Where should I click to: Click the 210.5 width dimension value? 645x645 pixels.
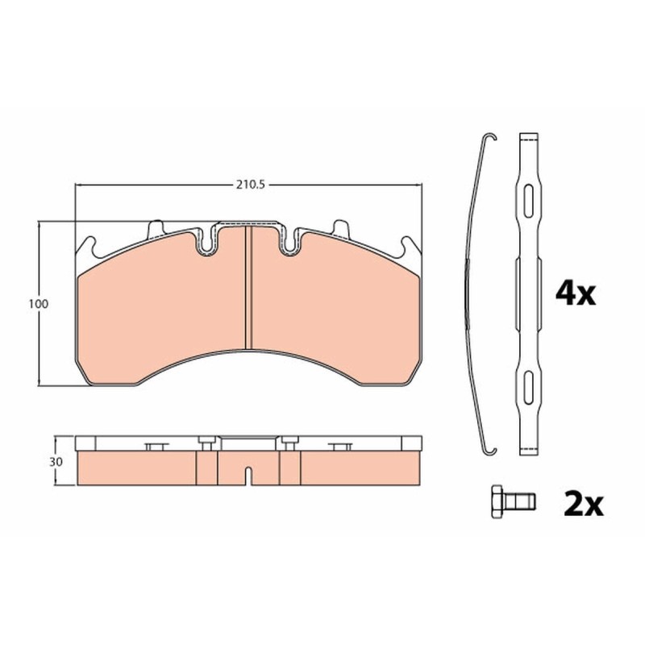tap(249, 185)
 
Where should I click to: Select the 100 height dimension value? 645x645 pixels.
tap(38, 304)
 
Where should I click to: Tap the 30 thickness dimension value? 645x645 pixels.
tap(56, 462)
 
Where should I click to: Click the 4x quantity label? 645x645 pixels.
tap(576, 293)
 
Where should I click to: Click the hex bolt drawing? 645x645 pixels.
tap(513, 501)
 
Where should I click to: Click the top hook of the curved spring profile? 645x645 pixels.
tap(490, 136)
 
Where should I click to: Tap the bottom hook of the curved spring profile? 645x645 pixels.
tap(490, 451)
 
